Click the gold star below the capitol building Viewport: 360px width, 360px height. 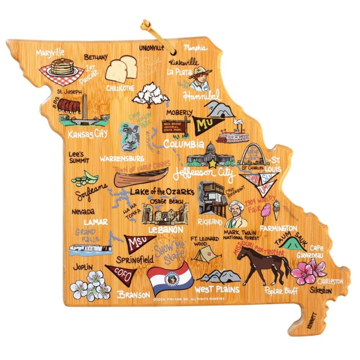pos(213,163)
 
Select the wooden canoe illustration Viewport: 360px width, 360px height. pos(141,177)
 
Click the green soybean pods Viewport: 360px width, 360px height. pos(85,178)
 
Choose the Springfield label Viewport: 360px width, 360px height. pos(135,259)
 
